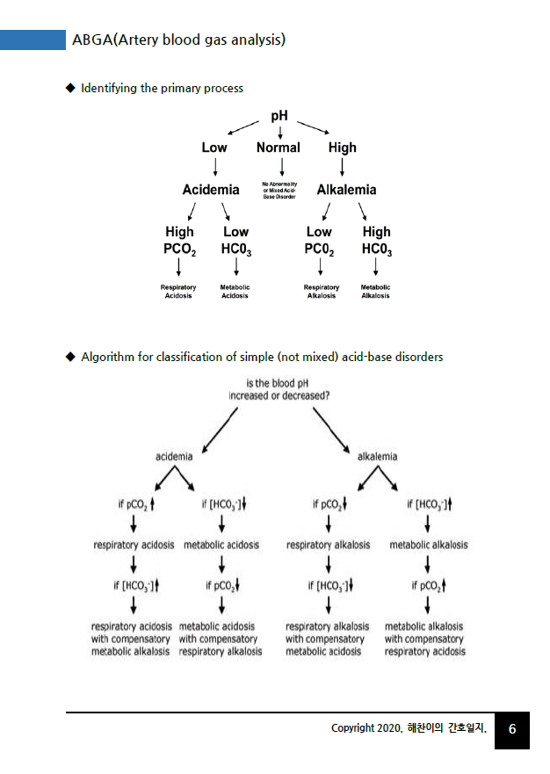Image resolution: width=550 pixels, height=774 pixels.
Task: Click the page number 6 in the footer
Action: [x=511, y=730]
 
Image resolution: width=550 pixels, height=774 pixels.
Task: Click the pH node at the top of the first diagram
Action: [x=279, y=116]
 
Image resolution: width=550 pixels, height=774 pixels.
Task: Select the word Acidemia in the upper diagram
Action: [x=211, y=190]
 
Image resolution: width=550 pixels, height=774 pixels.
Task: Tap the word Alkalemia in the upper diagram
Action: [x=346, y=190]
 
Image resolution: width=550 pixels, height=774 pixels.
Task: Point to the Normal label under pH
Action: [x=279, y=148]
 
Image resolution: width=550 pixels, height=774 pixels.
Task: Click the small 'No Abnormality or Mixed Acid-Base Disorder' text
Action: [x=279, y=189]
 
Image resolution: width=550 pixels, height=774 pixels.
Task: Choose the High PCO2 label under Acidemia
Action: [x=180, y=242]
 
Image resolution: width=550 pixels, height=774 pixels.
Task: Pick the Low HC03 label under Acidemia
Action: [x=235, y=242]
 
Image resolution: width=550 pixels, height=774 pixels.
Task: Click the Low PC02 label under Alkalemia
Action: [x=319, y=242]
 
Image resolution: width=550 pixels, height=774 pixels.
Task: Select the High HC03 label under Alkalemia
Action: [x=376, y=242]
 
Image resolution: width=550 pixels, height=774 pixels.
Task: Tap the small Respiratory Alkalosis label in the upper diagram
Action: [x=322, y=291]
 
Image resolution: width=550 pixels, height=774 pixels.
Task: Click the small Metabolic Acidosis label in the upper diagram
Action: [x=235, y=291]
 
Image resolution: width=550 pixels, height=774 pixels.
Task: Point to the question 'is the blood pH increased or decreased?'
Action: [x=279, y=389]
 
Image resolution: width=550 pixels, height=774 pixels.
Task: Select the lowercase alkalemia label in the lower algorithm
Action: [x=377, y=456]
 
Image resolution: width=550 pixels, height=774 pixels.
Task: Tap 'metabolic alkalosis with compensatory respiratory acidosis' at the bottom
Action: [x=425, y=639]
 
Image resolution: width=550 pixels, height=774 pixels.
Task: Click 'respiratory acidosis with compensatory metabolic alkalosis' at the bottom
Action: [x=131, y=639]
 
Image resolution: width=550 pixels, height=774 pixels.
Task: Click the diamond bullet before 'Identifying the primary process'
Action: [x=71, y=88]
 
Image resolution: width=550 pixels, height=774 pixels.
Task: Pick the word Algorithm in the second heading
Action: [x=106, y=357]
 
